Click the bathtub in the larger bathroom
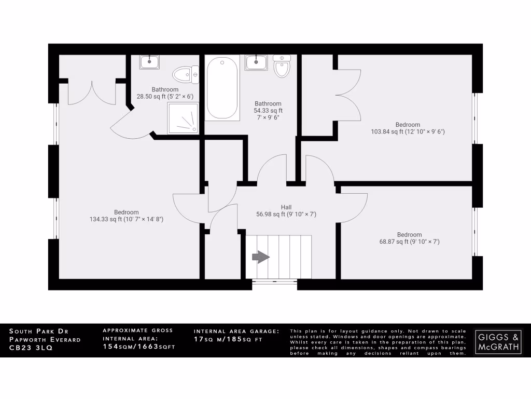222,88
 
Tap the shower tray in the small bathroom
183,118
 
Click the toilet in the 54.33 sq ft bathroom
282,66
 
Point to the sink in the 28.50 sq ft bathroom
149,62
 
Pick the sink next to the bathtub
256,62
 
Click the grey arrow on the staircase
261,257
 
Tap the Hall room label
286,207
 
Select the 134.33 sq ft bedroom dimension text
127,219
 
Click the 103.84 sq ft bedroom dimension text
408,131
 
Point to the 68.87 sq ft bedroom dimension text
409,242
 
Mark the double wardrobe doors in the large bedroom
92,92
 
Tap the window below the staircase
274,284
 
